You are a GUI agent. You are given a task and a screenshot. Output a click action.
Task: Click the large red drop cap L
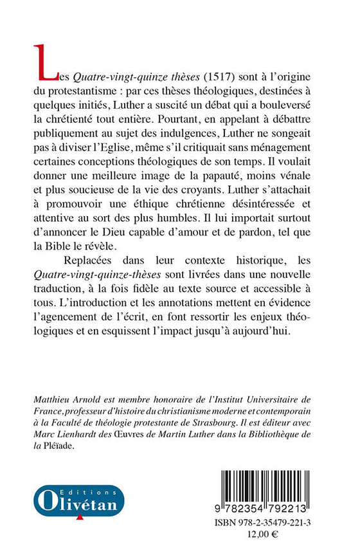(x=45, y=62)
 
